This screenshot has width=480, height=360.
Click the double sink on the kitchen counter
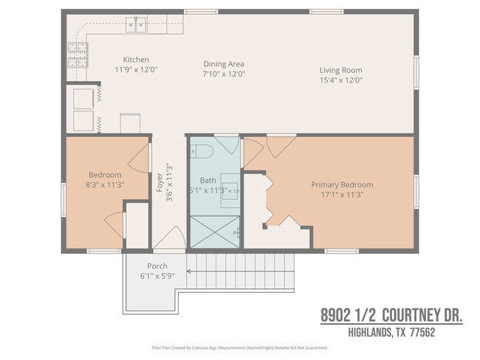pyautogui.click(x=137, y=26)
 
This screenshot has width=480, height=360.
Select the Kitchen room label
pyautogui.click(x=136, y=60)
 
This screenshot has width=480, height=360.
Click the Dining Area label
pyautogui.click(x=224, y=64)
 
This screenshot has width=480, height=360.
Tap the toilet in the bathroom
pyautogui.click(x=202, y=152)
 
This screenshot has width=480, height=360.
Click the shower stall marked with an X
pyautogui.click(x=216, y=231)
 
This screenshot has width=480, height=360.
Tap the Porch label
pyautogui.click(x=157, y=266)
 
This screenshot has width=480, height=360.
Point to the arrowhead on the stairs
pyautogui.click(x=189, y=271)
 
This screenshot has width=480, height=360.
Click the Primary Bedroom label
pyautogui.click(x=341, y=184)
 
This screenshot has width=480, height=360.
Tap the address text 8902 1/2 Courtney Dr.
pyautogui.click(x=391, y=316)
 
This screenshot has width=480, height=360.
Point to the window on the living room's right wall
pyautogui.click(x=415, y=74)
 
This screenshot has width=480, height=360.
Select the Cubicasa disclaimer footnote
pyautogui.click(x=239, y=347)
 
